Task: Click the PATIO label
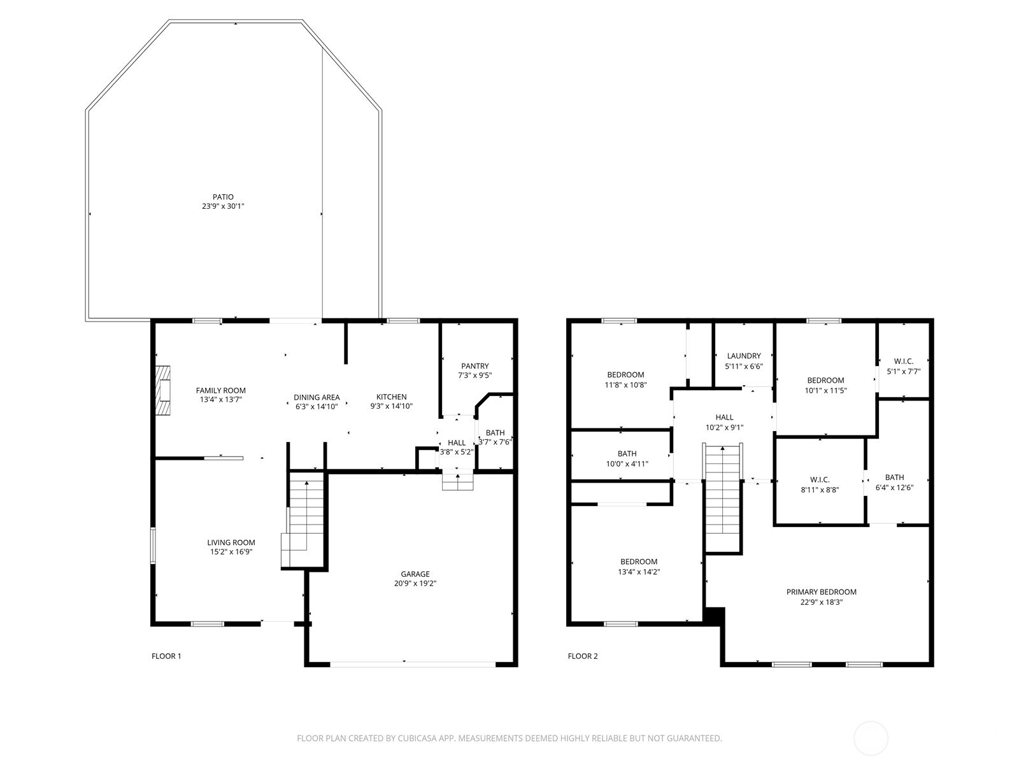click(223, 197)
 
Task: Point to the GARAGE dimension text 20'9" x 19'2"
click(415, 583)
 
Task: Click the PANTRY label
click(474, 366)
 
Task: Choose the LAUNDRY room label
click(744, 356)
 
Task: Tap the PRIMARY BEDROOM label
click(821, 592)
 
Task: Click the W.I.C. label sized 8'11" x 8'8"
click(820, 480)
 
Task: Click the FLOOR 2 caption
click(583, 656)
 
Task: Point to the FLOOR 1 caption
click(166, 656)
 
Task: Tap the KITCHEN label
click(391, 397)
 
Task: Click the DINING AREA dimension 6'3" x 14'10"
click(317, 406)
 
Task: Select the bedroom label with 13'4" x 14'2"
click(639, 562)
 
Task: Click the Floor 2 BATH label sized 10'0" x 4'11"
click(627, 454)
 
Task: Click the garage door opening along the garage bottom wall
click(412, 664)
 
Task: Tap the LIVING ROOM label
click(231, 542)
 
